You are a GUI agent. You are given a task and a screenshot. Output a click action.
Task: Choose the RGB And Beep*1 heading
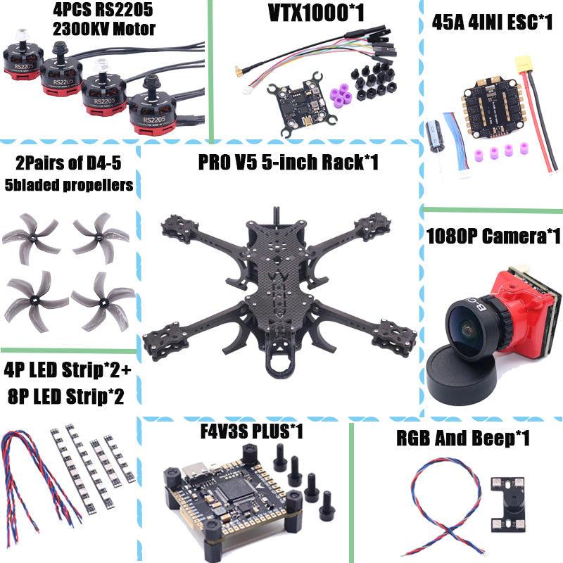pos(462,438)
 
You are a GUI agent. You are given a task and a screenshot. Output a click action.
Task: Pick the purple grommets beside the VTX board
pos(341,92)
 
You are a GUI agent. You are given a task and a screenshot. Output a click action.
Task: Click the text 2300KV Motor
pos(104,29)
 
